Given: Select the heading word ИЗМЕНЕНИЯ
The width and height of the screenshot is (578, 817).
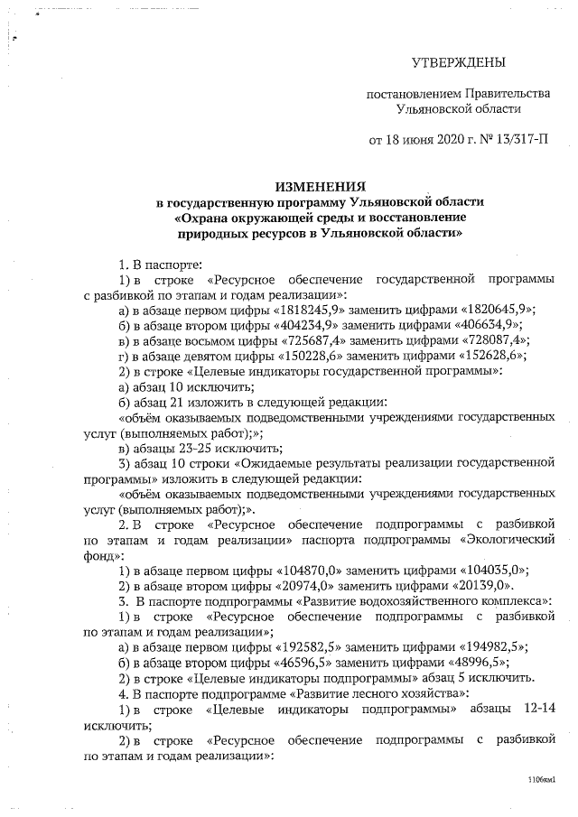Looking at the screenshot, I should pos(322,183).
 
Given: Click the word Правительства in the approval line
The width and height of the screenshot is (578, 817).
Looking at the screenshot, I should pos(507,93).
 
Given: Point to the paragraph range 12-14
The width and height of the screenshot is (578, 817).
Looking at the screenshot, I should pos(535,708).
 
